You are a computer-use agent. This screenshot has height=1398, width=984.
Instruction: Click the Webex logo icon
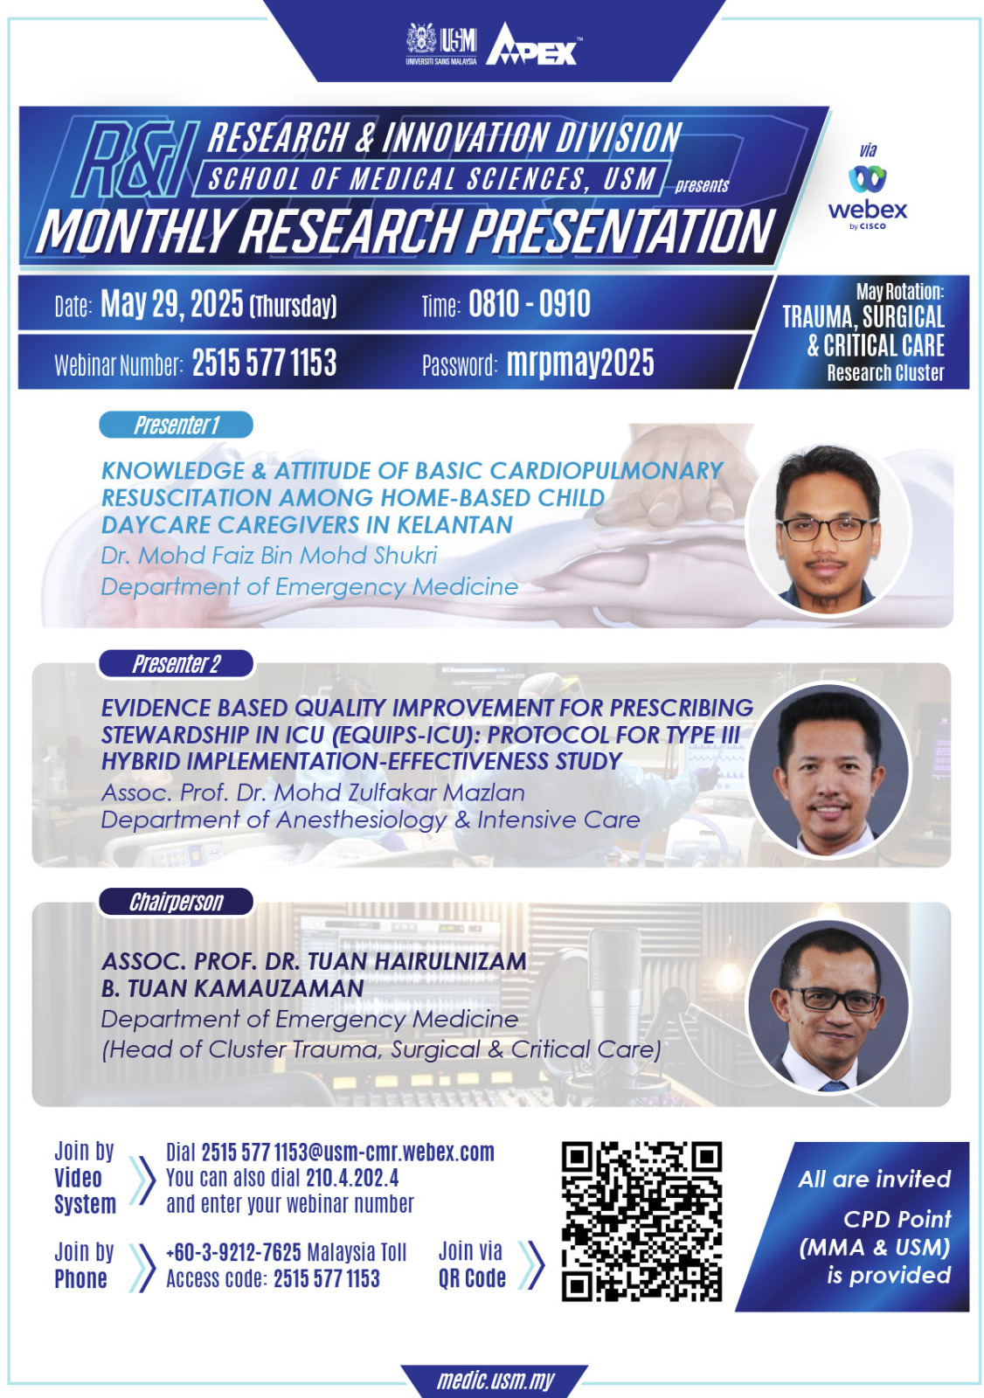tap(867, 178)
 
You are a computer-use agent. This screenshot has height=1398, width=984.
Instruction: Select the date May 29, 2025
tap(172, 304)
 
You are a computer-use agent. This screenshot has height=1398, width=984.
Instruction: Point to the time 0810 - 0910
tap(530, 304)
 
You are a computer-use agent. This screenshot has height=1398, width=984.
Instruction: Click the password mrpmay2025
tap(580, 363)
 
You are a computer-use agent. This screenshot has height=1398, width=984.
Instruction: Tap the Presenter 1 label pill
tap(176, 425)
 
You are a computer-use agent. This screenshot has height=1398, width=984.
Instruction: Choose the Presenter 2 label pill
tap(176, 664)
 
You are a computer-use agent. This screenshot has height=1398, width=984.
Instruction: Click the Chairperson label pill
tap(176, 902)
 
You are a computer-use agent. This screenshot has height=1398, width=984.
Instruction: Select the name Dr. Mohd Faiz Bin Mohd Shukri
tap(269, 556)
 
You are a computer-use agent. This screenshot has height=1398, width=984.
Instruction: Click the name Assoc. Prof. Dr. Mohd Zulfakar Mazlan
tap(313, 792)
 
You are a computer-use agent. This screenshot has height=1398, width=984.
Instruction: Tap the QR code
tap(641, 1222)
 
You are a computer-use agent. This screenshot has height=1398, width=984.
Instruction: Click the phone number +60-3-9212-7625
tap(233, 1252)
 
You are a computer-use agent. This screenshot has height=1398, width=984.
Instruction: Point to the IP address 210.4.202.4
tap(352, 1178)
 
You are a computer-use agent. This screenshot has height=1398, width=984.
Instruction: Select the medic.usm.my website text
tap(495, 1380)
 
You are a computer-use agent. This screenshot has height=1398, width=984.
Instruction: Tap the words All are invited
tap(874, 1179)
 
